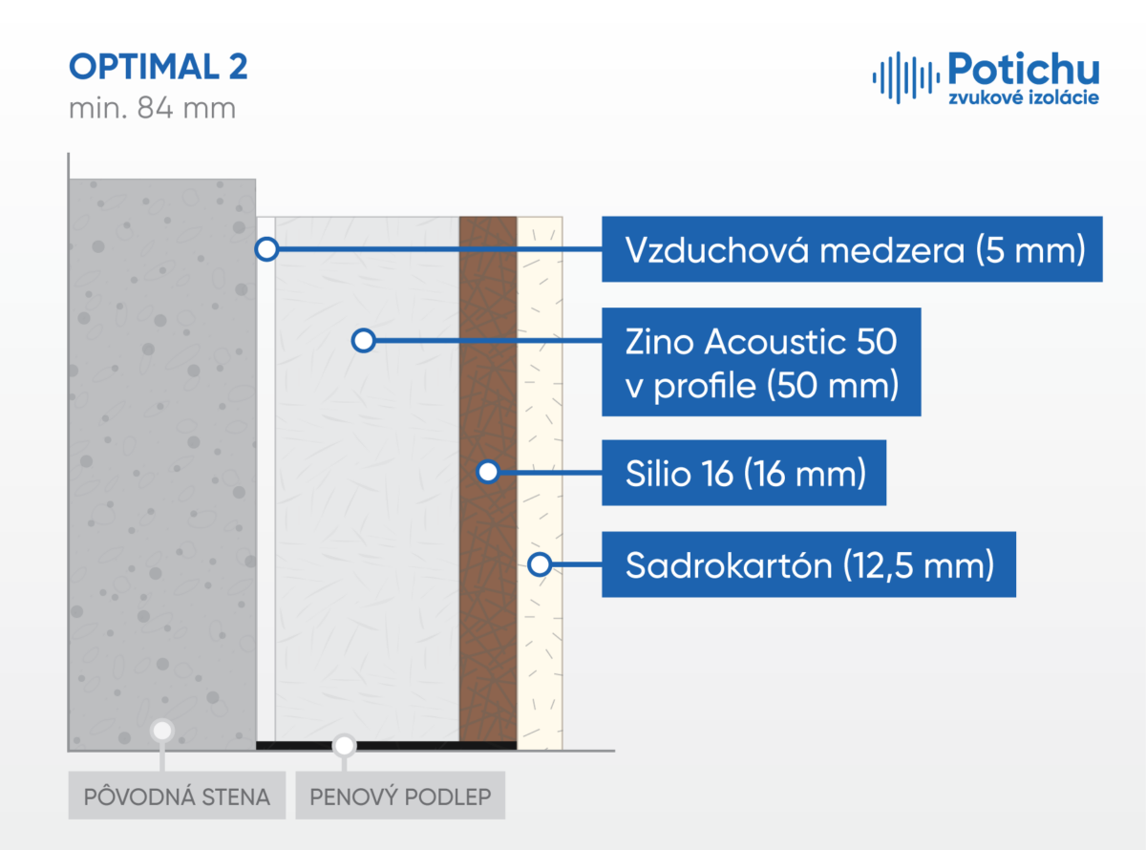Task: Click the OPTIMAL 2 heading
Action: point(159,67)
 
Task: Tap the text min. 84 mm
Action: point(153,108)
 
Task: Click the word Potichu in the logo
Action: point(1024,69)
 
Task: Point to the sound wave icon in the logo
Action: point(906,77)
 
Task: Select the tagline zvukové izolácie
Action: point(1024,97)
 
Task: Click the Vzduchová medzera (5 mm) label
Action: point(852,249)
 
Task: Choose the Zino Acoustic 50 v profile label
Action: point(761,362)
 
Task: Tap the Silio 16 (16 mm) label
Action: point(744,473)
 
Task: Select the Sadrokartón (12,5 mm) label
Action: point(809,564)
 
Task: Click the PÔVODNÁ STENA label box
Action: point(177,796)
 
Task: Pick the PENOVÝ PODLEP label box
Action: point(400,796)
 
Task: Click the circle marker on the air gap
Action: point(266,249)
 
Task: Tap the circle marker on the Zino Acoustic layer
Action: point(363,341)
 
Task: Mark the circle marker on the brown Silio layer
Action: point(488,472)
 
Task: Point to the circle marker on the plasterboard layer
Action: point(540,564)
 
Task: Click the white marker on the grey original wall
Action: point(162,731)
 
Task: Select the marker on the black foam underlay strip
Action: point(344,746)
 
